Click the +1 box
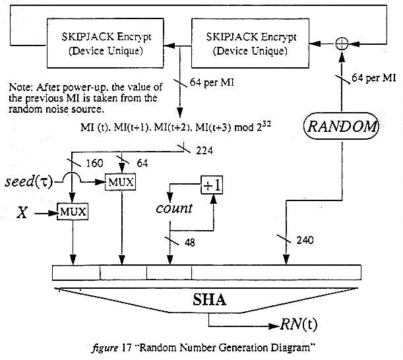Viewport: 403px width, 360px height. tap(210, 187)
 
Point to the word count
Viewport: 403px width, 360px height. tap(173, 208)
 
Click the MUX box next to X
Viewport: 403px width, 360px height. tap(73, 212)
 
